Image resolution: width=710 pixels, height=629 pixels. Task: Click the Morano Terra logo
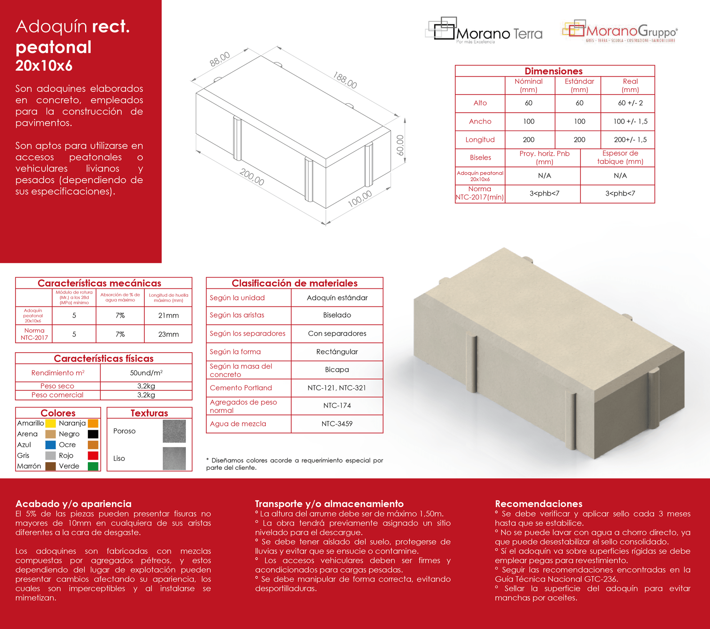point(484,31)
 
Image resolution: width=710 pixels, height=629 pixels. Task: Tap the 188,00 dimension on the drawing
point(345,81)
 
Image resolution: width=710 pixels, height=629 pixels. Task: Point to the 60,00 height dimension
point(400,145)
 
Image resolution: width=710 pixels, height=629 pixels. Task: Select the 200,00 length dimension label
point(252,177)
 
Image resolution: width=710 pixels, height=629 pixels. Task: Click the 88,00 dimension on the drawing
point(220,59)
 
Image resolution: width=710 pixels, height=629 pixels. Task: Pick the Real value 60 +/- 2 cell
point(630,103)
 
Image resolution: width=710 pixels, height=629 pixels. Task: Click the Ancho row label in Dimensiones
point(480,122)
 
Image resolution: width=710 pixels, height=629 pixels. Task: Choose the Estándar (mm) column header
point(579,85)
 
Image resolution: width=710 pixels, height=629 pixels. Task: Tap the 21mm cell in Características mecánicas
point(168,315)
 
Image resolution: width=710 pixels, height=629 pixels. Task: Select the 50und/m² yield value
point(146,373)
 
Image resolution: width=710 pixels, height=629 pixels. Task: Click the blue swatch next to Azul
point(51,444)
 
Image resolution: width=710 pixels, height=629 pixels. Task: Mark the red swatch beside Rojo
point(93,456)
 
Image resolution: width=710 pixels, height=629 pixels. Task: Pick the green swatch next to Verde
point(93,466)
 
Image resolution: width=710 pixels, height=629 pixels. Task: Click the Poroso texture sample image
point(174,431)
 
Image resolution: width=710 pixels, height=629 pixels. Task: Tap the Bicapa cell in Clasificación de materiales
point(337,370)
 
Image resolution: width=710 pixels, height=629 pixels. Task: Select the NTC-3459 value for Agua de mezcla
point(337,424)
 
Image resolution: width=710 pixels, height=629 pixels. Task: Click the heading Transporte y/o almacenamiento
point(329,503)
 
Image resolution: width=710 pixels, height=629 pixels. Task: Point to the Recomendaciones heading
point(538,503)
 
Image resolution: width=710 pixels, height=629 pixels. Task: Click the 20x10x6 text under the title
point(44,66)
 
